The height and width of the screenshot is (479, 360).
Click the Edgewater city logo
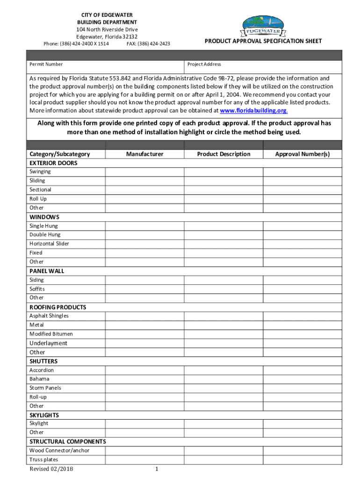click(263, 27)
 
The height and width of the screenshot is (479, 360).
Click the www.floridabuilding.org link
click(253, 111)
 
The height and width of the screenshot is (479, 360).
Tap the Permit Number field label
click(46, 64)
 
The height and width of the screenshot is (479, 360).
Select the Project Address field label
click(204, 64)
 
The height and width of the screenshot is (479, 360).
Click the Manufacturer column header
click(144, 154)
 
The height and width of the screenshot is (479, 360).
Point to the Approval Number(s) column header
click(302, 154)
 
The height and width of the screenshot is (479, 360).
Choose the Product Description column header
click(223, 154)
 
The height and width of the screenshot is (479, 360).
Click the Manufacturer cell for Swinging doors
click(144, 172)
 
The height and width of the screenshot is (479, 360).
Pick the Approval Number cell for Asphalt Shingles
click(302, 316)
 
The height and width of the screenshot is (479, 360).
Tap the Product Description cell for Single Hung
click(223, 226)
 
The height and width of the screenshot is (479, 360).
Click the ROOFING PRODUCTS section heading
click(58, 307)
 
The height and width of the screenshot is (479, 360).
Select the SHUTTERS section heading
click(43, 361)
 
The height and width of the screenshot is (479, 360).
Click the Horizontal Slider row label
click(49, 244)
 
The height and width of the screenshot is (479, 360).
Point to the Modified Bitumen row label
click(51, 334)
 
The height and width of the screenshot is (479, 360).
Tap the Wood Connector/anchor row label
click(59, 450)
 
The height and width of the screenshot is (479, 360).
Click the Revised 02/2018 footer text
click(51, 469)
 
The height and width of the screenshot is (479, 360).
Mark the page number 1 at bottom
click(157, 469)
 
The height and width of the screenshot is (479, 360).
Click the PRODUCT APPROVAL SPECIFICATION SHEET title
click(263, 41)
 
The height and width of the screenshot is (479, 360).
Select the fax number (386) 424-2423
click(153, 44)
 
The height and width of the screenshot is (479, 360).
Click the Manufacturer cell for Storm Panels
click(144, 388)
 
